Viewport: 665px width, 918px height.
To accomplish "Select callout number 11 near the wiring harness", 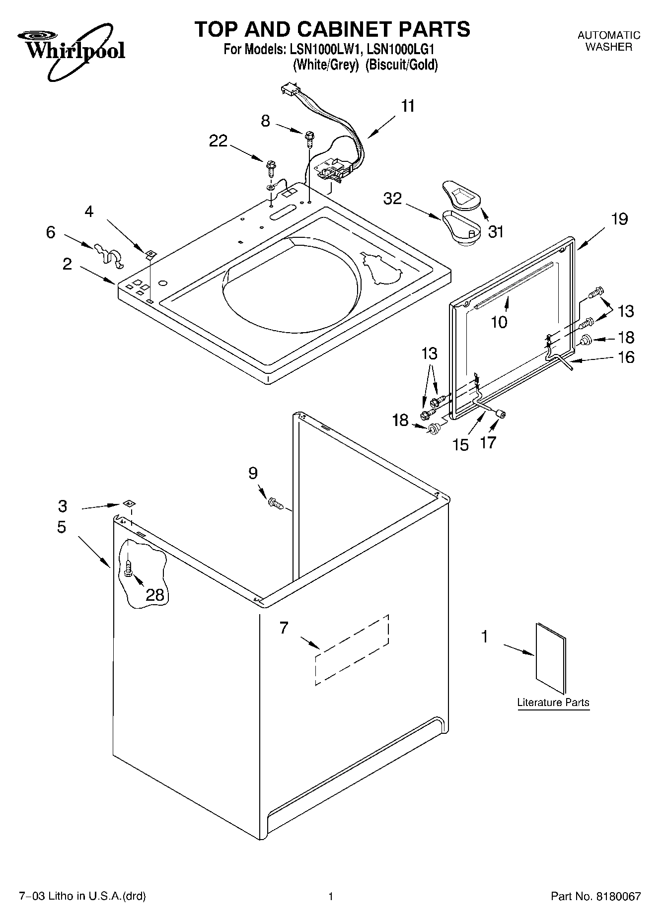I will click(x=408, y=106).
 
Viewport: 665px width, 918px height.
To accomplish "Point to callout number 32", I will click(x=392, y=199).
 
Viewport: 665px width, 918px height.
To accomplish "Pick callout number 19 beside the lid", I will click(x=619, y=219).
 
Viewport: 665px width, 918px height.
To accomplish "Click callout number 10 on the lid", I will click(x=499, y=322).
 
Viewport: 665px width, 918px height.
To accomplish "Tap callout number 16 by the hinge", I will click(x=626, y=357).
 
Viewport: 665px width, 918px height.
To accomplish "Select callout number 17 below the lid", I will click(x=488, y=442).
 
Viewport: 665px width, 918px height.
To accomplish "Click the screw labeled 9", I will click(x=276, y=504).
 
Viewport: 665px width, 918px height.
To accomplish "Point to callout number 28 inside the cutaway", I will click(x=155, y=594).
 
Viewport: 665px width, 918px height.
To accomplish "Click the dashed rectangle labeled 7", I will click(x=352, y=649).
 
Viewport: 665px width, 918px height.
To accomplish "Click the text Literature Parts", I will click(x=553, y=703).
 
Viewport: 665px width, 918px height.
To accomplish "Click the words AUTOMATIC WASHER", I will click(x=608, y=41).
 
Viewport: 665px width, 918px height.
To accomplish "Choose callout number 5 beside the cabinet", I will click(x=62, y=527).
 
